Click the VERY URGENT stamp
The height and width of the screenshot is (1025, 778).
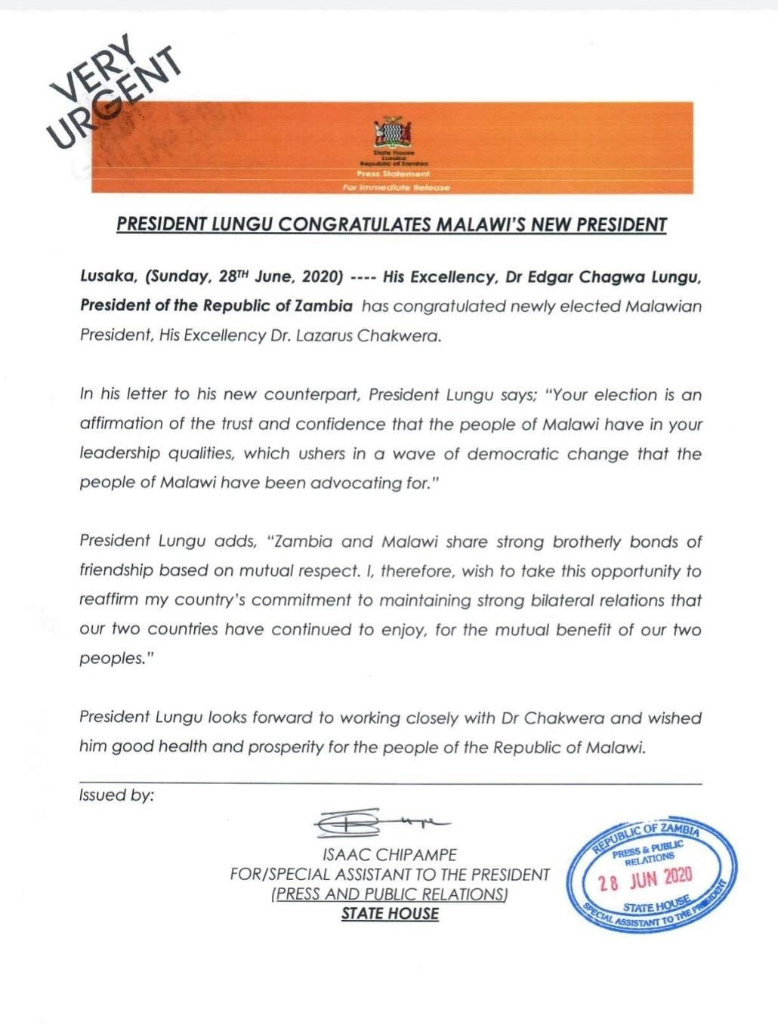point(113,94)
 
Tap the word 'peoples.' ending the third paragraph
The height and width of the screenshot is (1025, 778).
point(111,659)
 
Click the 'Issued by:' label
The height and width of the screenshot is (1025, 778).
point(116,795)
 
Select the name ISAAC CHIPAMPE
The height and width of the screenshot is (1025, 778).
point(390,855)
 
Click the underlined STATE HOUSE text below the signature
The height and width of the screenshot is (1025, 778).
point(390,913)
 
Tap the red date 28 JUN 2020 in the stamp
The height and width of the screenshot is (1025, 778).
point(645,878)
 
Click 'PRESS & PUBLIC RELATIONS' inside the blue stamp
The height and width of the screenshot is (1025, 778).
point(647,851)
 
